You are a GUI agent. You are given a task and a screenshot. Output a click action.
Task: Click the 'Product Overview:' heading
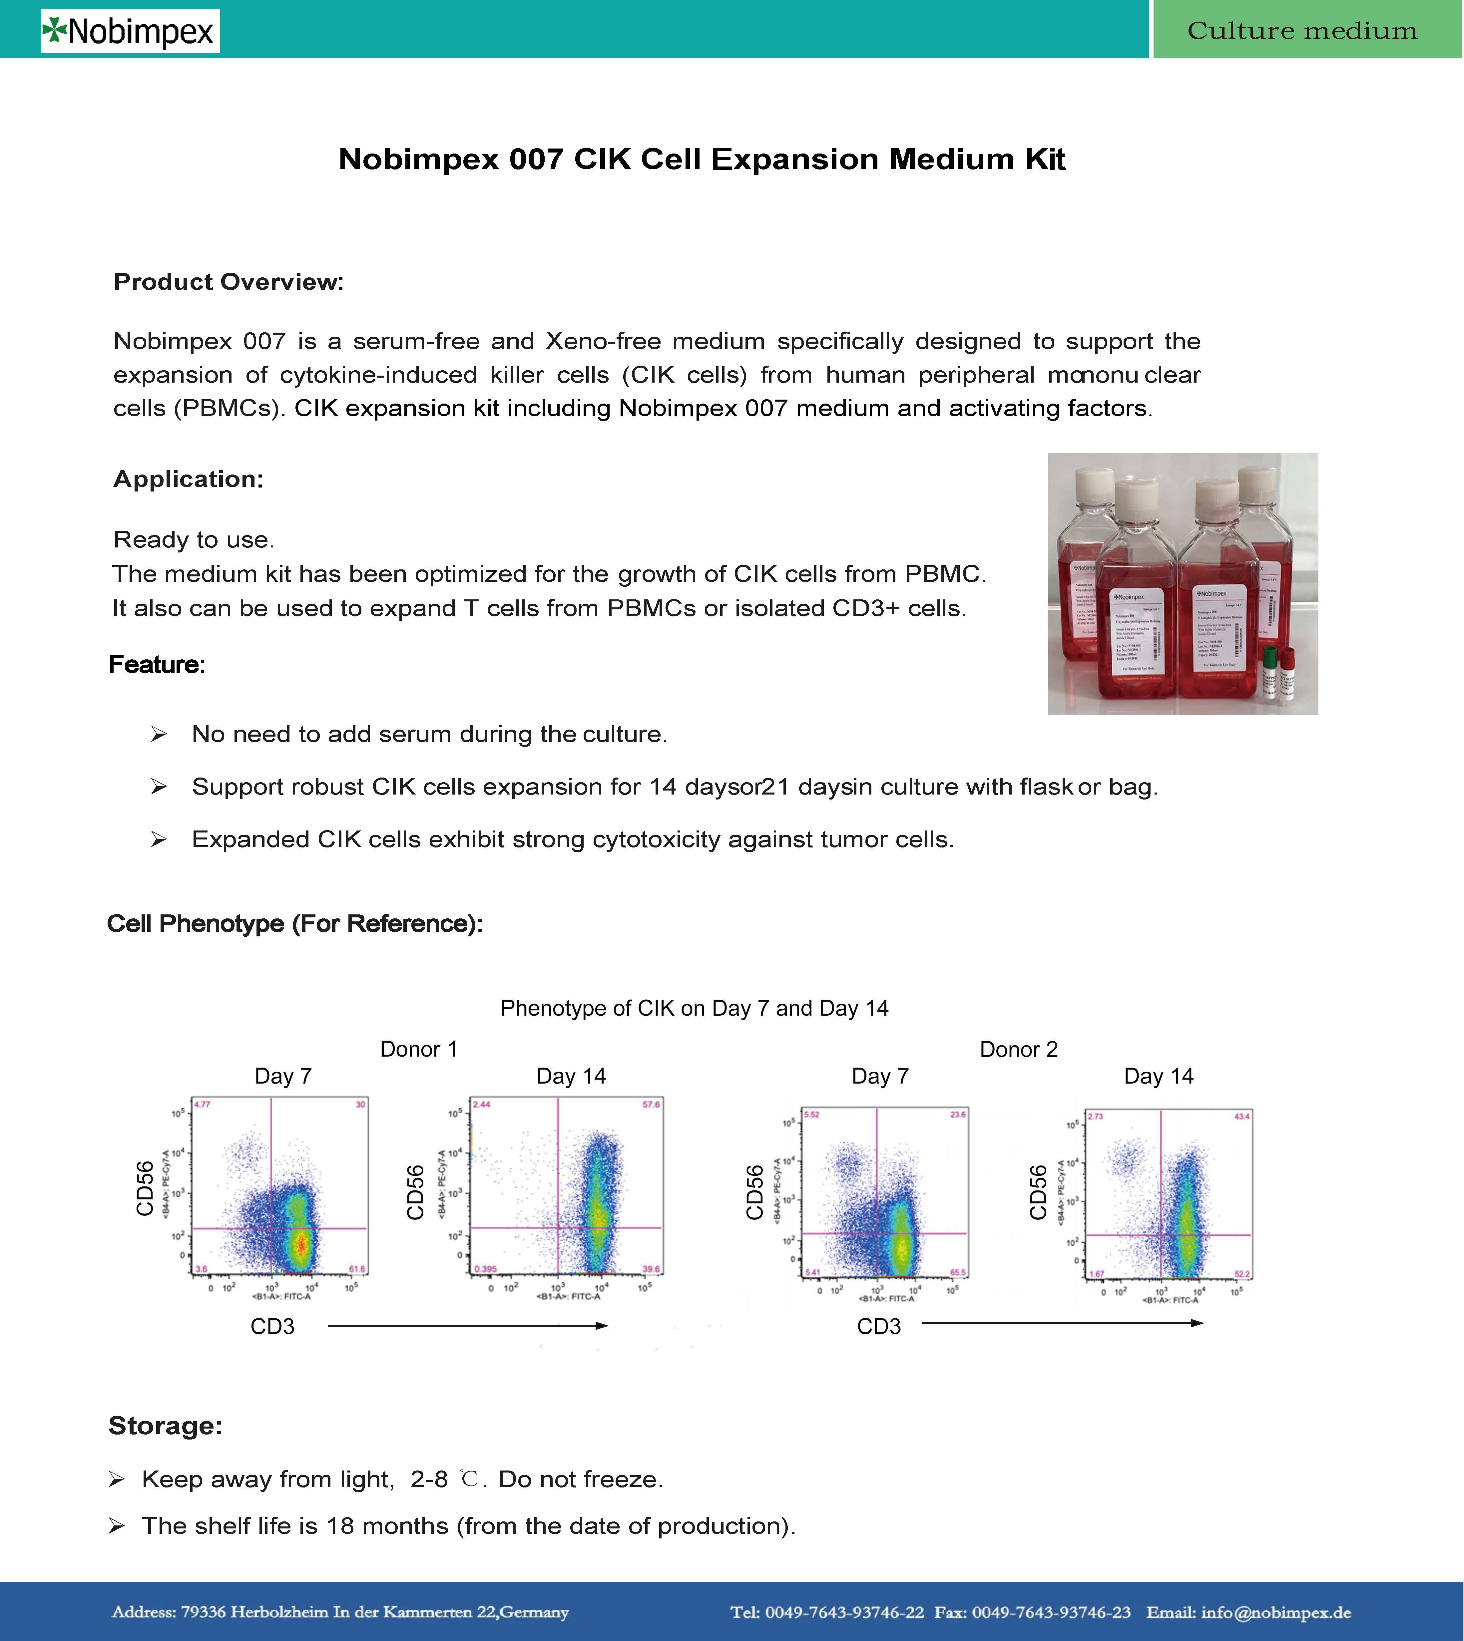click(229, 282)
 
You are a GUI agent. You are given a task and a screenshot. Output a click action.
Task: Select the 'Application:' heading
click(188, 479)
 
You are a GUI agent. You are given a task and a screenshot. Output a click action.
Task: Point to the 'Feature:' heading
click(157, 665)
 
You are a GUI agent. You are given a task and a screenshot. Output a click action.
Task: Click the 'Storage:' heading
click(165, 1426)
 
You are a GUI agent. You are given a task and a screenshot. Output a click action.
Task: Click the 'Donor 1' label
click(418, 1049)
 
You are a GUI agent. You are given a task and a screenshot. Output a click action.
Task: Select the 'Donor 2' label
click(1018, 1049)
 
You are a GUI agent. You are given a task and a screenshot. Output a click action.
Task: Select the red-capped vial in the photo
click(1287, 672)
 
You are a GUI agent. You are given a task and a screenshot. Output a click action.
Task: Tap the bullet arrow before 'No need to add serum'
click(159, 734)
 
